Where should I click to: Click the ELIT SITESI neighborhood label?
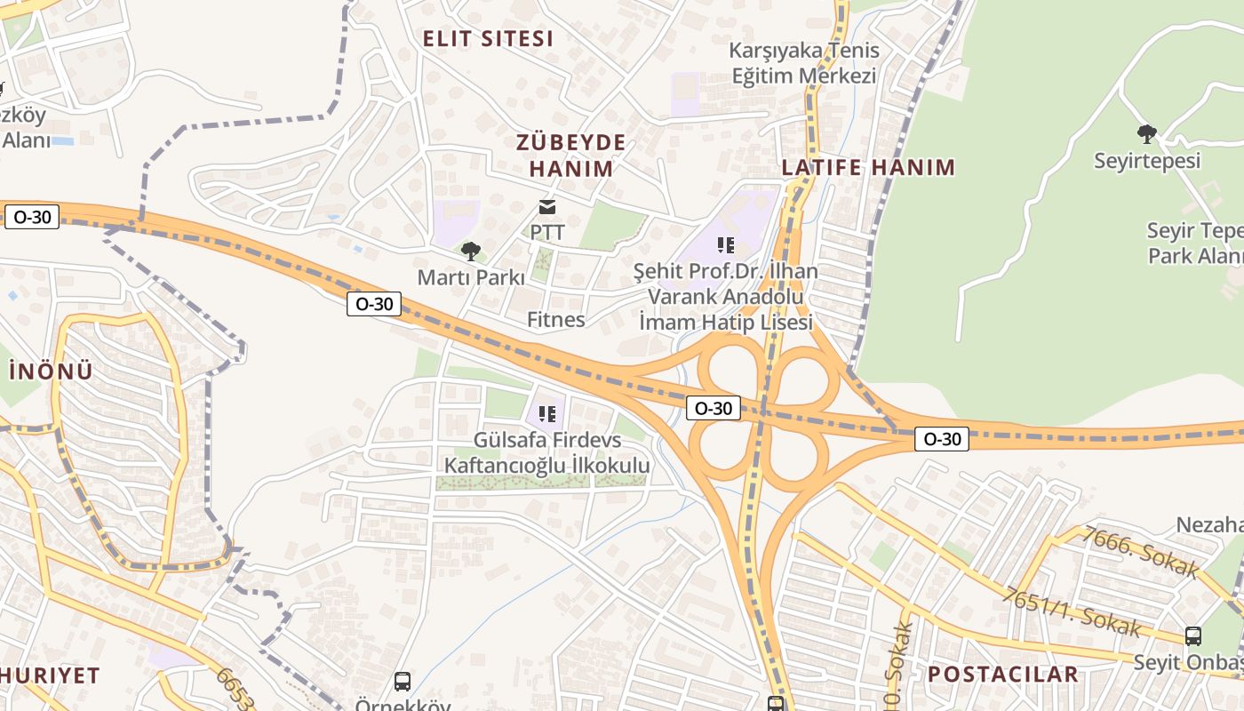click(x=488, y=39)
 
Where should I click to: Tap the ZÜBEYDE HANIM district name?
click(x=571, y=156)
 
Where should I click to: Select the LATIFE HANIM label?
click(x=868, y=167)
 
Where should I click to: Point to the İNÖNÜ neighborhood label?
click(x=51, y=371)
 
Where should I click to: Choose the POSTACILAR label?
click(x=1003, y=674)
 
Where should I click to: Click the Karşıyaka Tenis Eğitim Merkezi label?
click(x=804, y=63)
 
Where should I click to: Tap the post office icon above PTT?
click(x=547, y=208)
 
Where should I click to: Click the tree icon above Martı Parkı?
click(x=471, y=252)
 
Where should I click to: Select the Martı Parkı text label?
click(x=471, y=277)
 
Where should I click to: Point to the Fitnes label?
click(x=555, y=319)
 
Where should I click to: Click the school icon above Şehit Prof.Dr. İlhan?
click(x=726, y=245)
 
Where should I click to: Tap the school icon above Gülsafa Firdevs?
click(x=547, y=413)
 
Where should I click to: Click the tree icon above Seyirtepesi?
click(x=1147, y=134)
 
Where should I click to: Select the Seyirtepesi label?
click(x=1147, y=161)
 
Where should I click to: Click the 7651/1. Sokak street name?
click(x=1071, y=611)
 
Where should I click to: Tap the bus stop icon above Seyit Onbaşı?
click(x=1193, y=636)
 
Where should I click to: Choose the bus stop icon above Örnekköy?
click(x=403, y=682)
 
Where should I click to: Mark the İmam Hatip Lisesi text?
click(x=726, y=322)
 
